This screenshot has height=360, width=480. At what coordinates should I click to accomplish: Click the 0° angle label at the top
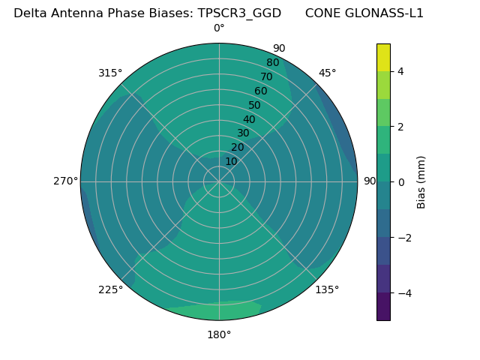click(219, 28)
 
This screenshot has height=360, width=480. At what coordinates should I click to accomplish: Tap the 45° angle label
click(328, 73)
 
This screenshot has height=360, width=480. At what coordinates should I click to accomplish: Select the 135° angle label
click(327, 289)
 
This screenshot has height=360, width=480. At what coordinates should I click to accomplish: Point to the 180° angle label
click(219, 334)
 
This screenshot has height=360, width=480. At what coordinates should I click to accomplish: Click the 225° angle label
click(110, 289)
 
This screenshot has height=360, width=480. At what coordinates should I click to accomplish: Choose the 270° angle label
click(65, 181)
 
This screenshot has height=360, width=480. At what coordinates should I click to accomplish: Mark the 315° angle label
click(110, 73)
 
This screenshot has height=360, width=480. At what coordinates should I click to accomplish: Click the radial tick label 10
click(231, 161)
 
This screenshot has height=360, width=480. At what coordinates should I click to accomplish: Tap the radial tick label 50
click(254, 105)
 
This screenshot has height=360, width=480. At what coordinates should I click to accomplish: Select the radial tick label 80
click(272, 62)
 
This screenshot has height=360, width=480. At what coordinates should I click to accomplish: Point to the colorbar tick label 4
click(401, 71)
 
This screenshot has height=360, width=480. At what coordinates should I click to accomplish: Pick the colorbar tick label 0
click(401, 182)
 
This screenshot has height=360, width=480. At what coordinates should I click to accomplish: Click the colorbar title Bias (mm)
click(421, 182)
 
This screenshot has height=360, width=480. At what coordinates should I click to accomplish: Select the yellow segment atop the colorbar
click(383, 57)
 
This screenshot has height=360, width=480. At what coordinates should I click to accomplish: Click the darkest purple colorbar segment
click(383, 307)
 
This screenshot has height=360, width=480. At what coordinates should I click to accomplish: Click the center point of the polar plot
click(219, 181)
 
